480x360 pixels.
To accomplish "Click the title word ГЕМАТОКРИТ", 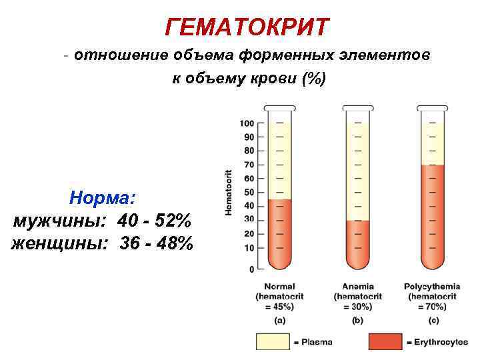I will click(x=247, y=28).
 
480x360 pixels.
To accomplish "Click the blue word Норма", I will click(x=103, y=198).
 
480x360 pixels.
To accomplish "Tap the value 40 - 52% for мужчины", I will click(x=155, y=221).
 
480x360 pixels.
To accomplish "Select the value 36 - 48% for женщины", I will click(x=157, y=243).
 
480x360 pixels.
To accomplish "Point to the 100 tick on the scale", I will click(x=247, y=123).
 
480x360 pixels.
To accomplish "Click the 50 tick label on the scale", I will click(x=249, y=192).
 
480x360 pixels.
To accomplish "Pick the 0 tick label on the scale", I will click(x=251, y=269).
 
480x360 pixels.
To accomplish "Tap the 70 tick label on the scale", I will click(x=249, y=165).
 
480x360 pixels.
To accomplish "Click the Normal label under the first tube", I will click(x=280, y=287).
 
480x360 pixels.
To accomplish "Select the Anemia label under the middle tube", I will click(x=357, y=287).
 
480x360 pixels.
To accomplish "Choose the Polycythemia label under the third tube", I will click(x=432, y=287).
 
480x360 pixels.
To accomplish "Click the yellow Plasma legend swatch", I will click(x=273, y=341).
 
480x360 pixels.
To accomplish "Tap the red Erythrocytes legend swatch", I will click(x=385, y=341).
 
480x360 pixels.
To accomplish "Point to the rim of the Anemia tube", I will click(x=358, y=107).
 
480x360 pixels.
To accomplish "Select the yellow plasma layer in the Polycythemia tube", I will click(x=433, y=140).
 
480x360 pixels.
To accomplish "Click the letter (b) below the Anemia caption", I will click(x=357, y=320).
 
